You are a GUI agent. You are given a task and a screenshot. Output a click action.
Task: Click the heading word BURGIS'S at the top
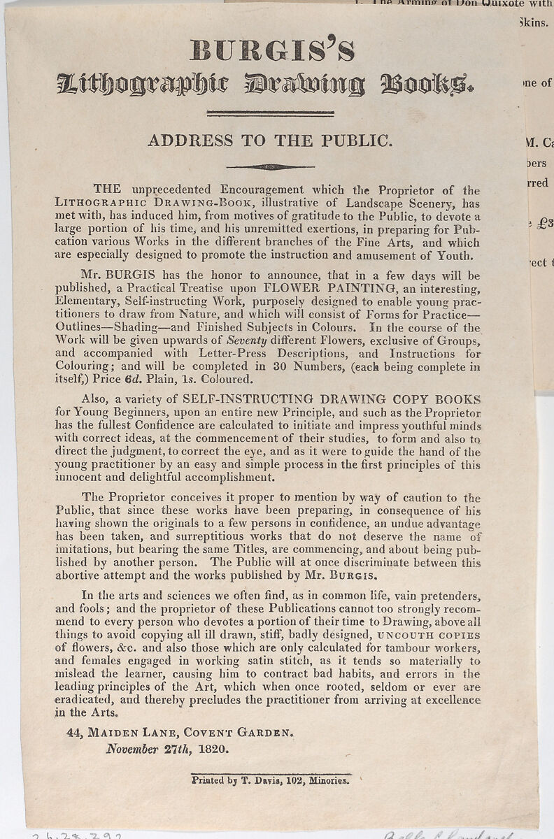point(272,52)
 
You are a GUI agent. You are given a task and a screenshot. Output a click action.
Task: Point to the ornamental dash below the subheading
point(270,166)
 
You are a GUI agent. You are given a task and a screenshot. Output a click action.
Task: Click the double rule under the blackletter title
point(270,113)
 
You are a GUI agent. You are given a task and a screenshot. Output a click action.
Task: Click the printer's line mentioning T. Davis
point(269,781)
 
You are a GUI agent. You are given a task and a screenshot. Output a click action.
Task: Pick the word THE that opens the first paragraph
point(107,189)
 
